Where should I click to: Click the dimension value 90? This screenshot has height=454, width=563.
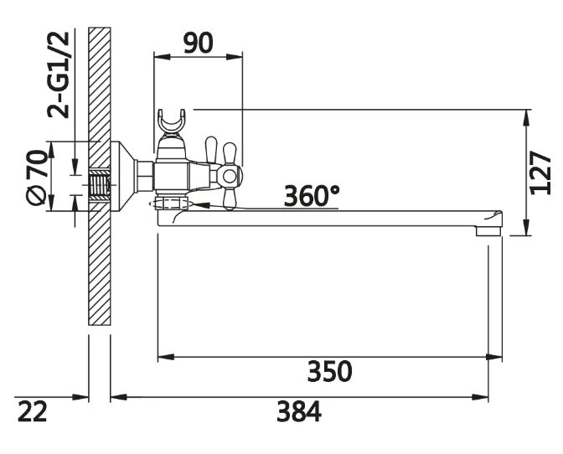(x=198, y=43)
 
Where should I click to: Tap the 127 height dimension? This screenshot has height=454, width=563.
(x=540, y=173)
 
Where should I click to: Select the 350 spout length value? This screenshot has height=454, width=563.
(x=329, y=371)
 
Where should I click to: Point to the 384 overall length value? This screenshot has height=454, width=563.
(x=299, y=411)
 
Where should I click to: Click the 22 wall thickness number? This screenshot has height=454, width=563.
(x=33, y=411)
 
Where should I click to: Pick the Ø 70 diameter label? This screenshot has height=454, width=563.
(x=37, y=178)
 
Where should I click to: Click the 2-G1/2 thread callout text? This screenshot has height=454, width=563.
(x=58, y=75)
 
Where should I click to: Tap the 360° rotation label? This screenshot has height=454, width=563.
(x=312, y=196)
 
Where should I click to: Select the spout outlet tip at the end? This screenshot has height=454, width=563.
(x=488, y=230)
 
